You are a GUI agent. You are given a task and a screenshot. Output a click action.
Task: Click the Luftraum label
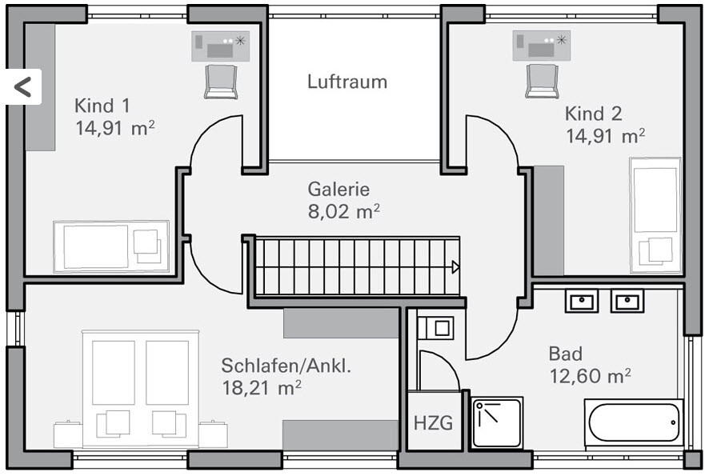pyautogui.click(x=347, y=82)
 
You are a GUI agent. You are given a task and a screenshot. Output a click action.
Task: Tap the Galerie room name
pyautogui.click(x=338, y=190)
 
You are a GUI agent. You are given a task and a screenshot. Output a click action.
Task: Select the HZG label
pyautogui.click(x=433, y=422)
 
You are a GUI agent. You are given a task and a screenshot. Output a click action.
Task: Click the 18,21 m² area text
pyautogui.click(x=261, y=388)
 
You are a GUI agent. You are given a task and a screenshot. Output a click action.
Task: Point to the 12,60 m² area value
pyautogui.click(x=590, y=375)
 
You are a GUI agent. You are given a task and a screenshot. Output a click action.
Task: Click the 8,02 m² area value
pyautogui.click(x=343, y=212)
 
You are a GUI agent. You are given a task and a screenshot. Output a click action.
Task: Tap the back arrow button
pyautogui.click(x=22, y=86)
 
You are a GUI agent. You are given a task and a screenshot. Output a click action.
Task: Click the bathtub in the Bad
pyautogui.click(x=634, y=422)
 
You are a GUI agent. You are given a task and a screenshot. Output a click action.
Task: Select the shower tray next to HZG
pyautogui.click(x=496, y=422)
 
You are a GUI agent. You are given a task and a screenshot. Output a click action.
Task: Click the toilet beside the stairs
pyautogui.click(x=435, y=328)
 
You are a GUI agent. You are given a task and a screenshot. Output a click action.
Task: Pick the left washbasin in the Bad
pyautogui.click(x=581, y=301)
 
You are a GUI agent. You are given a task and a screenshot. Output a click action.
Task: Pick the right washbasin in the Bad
pyautogui.click(x=627, y=301)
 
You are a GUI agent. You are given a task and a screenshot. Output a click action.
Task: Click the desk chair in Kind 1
pyautogui.click(x=221, y=82)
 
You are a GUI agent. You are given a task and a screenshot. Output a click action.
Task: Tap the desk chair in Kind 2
pyautogui.click(x=542, y=81)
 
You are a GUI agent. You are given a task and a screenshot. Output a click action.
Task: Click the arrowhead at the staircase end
pyautogui.click(x=455, y=267)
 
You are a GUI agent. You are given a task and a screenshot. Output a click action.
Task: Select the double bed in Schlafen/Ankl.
pyautogui.click(x=140, y=388)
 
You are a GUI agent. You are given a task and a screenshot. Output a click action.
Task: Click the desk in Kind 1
pyautogui.click(x=220, y=46)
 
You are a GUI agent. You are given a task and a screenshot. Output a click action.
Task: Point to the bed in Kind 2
pyautogui.click(x=655, y=214)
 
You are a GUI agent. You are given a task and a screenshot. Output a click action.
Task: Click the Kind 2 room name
pyautogui.click(x=593, y=113)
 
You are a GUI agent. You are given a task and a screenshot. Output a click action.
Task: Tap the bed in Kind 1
pyautogui.click(x=111, y=246)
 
